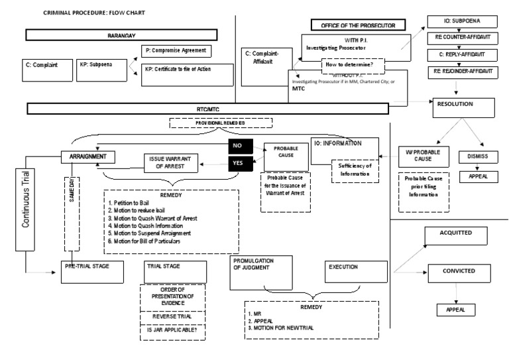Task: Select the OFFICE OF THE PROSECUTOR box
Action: tap(353, 25)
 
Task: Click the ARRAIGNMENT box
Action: tap(88, 157)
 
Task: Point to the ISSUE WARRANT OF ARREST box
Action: tap(172, 164)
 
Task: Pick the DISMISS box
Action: tap(473, 158)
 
